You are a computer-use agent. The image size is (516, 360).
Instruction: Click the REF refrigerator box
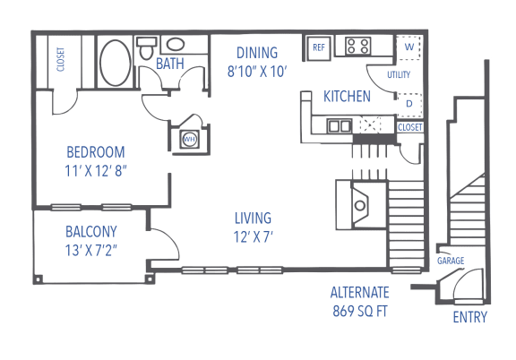click(x=319, y=48)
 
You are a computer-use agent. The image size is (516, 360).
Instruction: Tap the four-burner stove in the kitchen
click(x=357, y=46)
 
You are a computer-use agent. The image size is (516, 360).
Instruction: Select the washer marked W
click(x=408, y=47)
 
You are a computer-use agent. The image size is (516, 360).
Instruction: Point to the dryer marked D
click(x=409, y=105)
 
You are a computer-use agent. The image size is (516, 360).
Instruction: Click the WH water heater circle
click(x=189, y=139)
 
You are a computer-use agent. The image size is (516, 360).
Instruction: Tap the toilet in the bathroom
click(x=146, y=48)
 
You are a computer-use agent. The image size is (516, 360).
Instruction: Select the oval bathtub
click(x=116, y=63)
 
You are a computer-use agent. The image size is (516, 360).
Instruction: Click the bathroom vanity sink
click(x=175, y=45)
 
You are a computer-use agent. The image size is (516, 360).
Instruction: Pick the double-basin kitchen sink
click(x=339, y=126)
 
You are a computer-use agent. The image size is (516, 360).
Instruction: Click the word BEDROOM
click(x=96, y=152)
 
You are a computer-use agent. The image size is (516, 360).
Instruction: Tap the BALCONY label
click(x=91, y=232)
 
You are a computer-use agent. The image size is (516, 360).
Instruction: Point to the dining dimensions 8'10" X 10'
click(x=257, y=72)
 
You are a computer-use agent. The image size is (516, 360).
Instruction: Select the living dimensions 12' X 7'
click(x=253, y=236)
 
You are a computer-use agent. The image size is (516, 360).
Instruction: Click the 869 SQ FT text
click(x=360, y=311)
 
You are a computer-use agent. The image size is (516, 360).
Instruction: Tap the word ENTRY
click(x=469, y=317)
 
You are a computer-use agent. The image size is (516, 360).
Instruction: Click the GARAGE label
click(x=451, y=261)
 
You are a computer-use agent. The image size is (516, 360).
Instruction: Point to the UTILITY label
click(x=399, y=75)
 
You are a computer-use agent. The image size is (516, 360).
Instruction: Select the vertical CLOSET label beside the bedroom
click(x=61, y=60)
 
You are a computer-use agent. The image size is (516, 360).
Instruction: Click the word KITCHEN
click(x=347, y=97)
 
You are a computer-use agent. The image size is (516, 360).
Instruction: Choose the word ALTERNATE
click(x=360, y=293)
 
